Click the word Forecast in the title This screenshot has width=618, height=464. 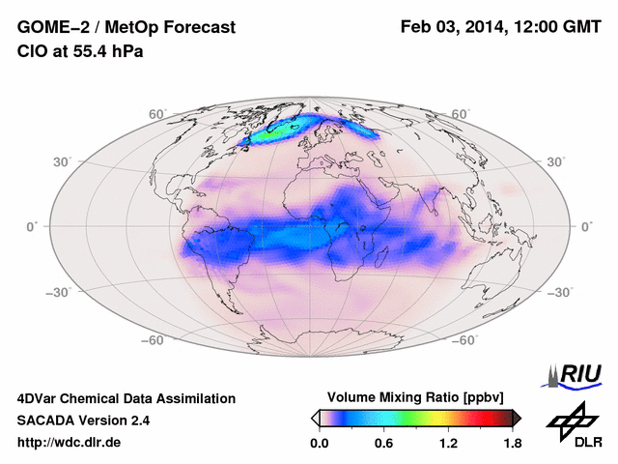pyautogui.click(x=193, y=28)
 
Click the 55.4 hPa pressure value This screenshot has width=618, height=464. pyautogui.click(x=107, y=51)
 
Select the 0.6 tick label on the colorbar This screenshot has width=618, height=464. pyautogui.click(x=383, y=444)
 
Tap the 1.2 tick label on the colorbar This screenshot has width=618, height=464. pyautogui.click(x=448, y=444)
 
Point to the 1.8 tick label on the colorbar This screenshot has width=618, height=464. pyautogui.click(x=513, y=444)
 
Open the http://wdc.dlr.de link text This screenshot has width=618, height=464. pyautogui.click(x=70, y=443)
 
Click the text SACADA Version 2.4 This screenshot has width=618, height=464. pyautogui.click(x=83, y=420)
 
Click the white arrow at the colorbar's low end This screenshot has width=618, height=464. pyautogui.click(x=315, y=418)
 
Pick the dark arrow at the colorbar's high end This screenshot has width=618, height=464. pyautogui.click(x=517, y=418)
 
